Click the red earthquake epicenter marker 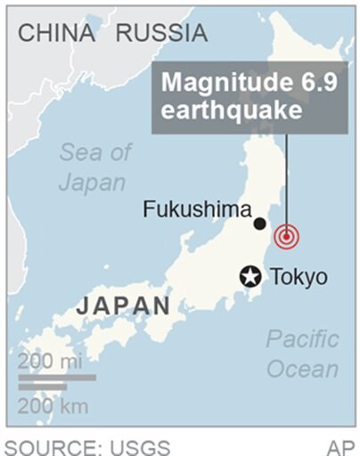coord(286,237)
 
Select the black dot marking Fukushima coord(259,224)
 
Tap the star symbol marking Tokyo coord(250,276)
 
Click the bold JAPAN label coord(123,305)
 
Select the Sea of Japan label coord(93,167)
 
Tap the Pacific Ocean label coord(302,354)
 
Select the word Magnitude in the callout coord(218,84)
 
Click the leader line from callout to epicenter coord(286,178)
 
